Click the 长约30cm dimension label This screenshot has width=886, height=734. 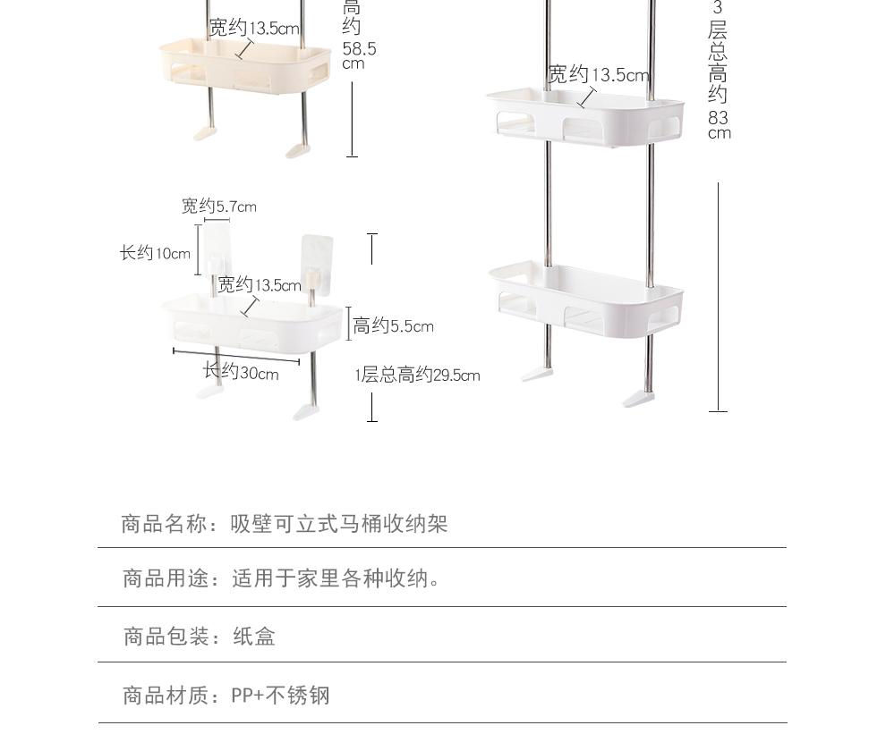tap(241, 373)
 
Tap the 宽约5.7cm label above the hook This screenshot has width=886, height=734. tap(219, 207)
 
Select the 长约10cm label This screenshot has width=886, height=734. tap(156, 253)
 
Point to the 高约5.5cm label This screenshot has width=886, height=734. tap(393, 326)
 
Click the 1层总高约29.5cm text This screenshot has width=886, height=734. tap(417, 375)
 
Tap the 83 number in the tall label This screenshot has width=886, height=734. tap(718, 118)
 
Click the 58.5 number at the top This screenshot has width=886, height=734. tap(359, 49)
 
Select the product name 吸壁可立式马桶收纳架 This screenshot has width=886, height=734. tap(339, 524)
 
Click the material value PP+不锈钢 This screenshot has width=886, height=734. tap(281, 696)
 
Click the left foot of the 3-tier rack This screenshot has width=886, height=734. tap(538, 374)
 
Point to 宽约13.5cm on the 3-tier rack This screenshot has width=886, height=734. tap(598, 75)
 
